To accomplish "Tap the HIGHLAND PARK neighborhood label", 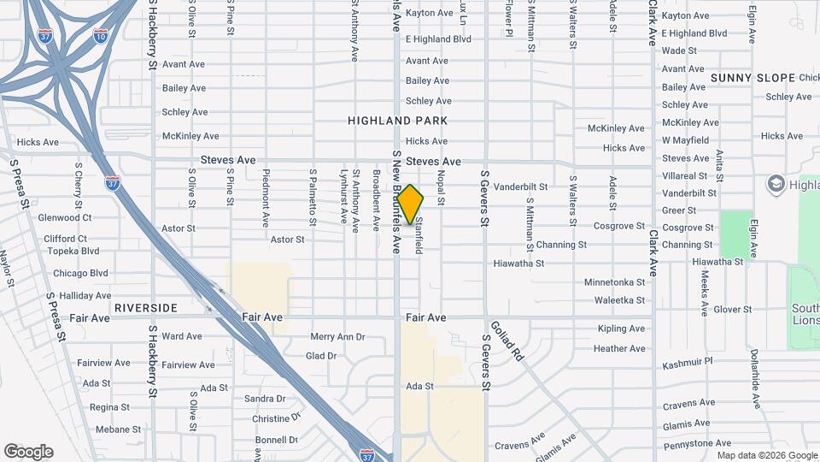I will [398, 121].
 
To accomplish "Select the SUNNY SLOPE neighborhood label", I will [753, 78].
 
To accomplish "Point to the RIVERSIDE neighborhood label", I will [144, 308].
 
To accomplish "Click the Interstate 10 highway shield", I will [101, 36].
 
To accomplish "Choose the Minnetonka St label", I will [614, 282].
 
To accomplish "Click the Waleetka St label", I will [619, 300].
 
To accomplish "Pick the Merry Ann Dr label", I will [337, 337].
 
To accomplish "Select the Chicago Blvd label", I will [80, 274].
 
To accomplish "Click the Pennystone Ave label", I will [697, 444].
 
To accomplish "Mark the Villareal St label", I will [686, 176].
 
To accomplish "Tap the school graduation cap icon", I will [776, 185].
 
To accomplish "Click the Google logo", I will [28, 452].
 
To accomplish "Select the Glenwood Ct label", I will [65, 218].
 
